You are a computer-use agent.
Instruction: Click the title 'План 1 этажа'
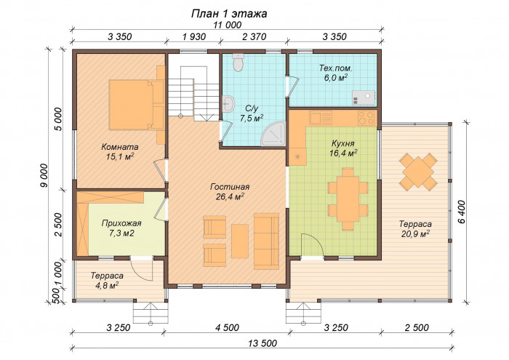tap(229, 14)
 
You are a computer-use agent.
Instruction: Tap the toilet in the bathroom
tap(239, 63)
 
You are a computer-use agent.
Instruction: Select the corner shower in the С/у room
tap(274, 133)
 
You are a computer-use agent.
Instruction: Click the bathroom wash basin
tap(228, 104)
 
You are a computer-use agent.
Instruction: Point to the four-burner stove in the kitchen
tap(366, 118)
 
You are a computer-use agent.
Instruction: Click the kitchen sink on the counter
tap(321, 118)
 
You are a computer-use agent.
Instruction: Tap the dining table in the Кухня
tap(348, 199)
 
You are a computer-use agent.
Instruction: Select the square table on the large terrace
tap(418, 172)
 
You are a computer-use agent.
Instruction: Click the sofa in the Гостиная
tap(266, 241)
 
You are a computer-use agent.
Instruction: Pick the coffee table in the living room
tap(240, 241)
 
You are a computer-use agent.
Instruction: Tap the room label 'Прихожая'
tap(121, 223)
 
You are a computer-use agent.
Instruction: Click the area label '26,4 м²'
tap(230, 196)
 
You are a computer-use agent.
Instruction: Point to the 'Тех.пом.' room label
tap(336, 68)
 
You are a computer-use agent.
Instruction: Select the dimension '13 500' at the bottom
tap(262, 343)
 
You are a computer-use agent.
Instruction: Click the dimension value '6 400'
tap(462, 212)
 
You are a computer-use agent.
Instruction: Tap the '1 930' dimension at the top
tap(194, 36)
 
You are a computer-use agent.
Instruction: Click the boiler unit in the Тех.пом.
tap(364, 97)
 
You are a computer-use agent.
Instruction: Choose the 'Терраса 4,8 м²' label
tap(107, 281)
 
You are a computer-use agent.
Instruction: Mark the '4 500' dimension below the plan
tap(227, 327)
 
